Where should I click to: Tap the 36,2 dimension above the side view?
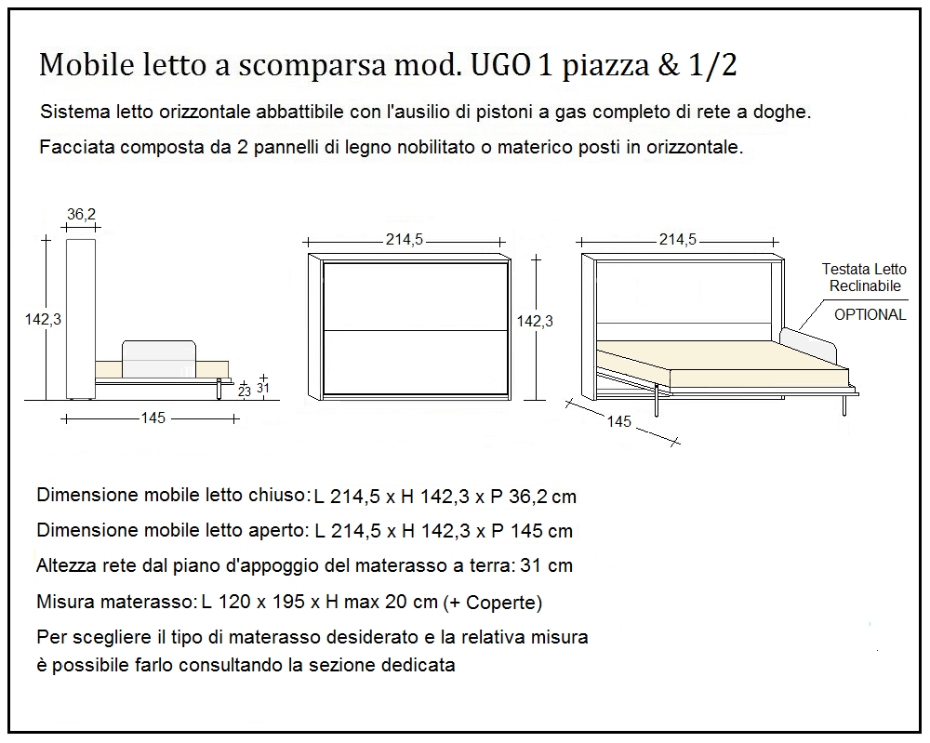tap(81, 214)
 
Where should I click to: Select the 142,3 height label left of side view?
tap(43, 319)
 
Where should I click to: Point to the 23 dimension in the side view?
tap(244, 391)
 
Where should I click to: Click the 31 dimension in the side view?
tap(263, 388)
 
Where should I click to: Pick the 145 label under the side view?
tap(153, 418)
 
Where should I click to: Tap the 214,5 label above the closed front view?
tap(405, 239)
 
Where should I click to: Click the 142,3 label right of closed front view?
tap(535, 321)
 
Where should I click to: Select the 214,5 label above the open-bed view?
tap(678, 239)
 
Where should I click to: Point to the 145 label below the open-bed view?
tap(618, 421)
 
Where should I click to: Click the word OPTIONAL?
tap(870, 314)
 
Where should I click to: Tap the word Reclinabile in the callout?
tap(865, 286)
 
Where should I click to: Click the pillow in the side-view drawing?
tap(159, 358)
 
